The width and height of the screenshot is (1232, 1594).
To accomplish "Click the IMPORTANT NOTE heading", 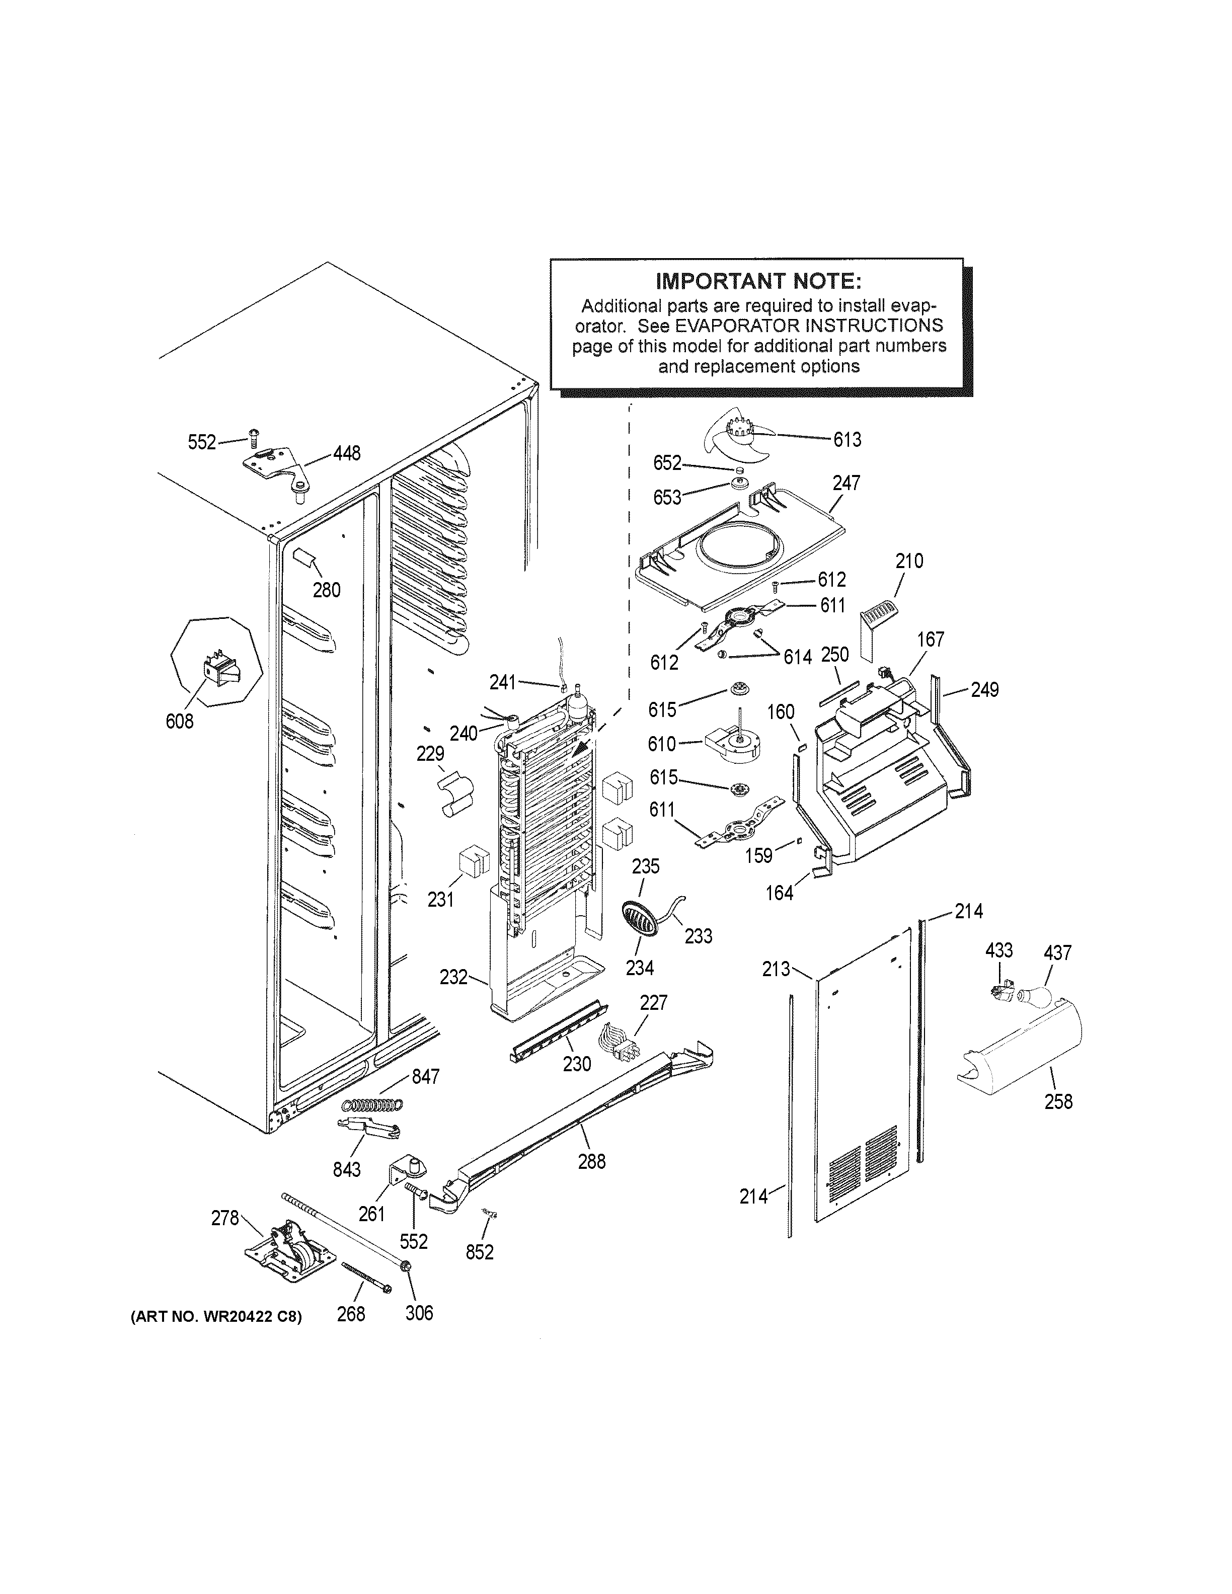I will (757, 281).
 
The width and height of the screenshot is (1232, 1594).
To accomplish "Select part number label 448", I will (347, 454).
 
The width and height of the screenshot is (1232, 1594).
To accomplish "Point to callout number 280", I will (326, 590).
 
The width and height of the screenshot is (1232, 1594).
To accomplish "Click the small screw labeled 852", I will (490, 1213).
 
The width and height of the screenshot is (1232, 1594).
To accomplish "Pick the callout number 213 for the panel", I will (776, 969).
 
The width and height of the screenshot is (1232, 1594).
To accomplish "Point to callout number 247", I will (846, 483).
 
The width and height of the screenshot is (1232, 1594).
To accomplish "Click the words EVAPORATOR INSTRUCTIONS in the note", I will (809, 326).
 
